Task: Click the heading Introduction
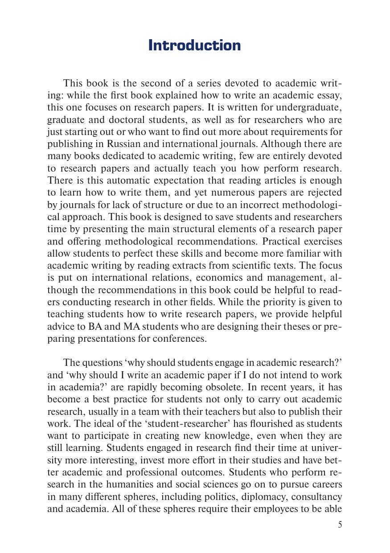pos(194,45)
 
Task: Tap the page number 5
pos(340,524)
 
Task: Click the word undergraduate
pos(308,107)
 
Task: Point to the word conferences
pos(181,338)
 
